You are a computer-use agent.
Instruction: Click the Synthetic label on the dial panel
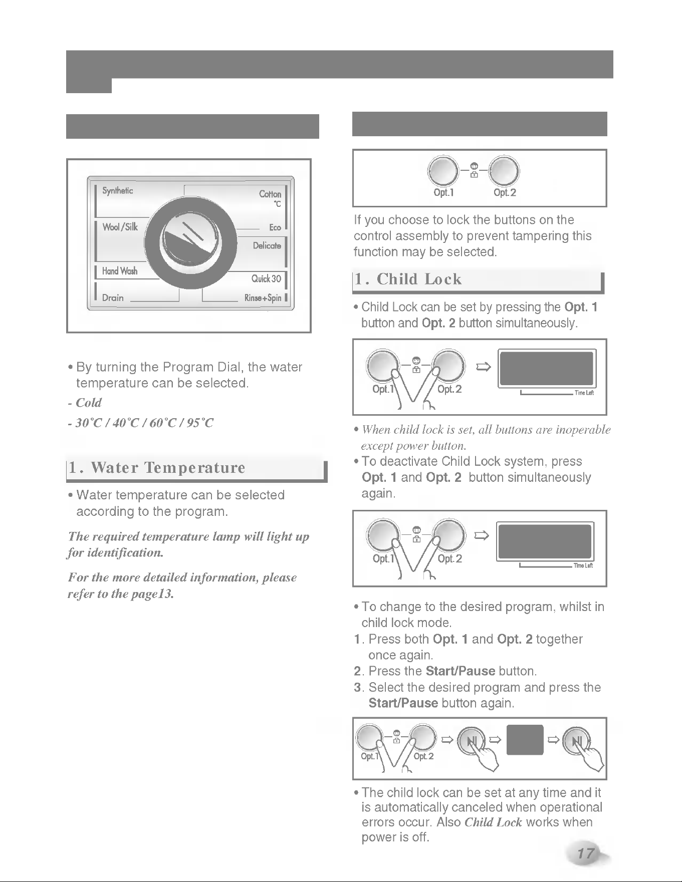click(x=117, y=190)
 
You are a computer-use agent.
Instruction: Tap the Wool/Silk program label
click(x=120, y=227)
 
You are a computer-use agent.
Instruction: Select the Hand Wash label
click(x=120, y=271)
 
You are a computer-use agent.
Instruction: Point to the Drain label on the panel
click(x=113, y=298)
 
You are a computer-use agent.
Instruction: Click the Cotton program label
click(x=270, y=194)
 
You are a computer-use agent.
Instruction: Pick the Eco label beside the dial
click(x=275, y=227)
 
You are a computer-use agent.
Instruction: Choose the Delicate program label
click(x=267, y=245)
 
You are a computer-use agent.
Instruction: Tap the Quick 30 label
click(x=267, y=278)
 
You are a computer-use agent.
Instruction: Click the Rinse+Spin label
click(x=263, y=298)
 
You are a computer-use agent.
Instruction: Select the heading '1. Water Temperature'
click(x=157, y=468)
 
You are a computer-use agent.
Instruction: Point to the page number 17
click(x=585, y=853)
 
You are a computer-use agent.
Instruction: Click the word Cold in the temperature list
click(x=89, y=403)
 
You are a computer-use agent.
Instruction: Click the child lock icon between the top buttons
click(x=474, y=171)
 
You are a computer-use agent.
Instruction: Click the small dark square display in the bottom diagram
click(x=525, y=739)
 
